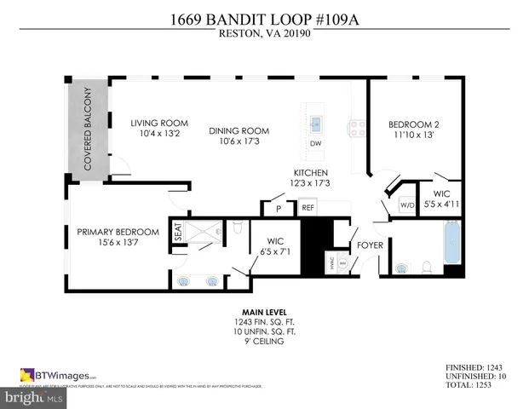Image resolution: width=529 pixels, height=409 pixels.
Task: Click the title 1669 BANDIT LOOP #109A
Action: [x=264, y=20]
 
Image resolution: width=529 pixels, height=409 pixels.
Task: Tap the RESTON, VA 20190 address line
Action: [x=264, y=34]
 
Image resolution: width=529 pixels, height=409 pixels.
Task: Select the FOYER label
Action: [x=370, y=245]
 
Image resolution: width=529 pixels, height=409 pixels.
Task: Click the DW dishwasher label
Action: [x=315, y=144]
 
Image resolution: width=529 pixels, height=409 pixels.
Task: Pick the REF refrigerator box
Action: [x=307, y=208]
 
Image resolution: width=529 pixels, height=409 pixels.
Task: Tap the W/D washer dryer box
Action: [x=406, y=204]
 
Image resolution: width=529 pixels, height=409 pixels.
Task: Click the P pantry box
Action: [x=277, y=209]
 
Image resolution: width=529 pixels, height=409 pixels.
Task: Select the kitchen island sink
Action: [x=315, y=119]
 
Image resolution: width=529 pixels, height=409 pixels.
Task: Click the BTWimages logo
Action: [x=58, y=374]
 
